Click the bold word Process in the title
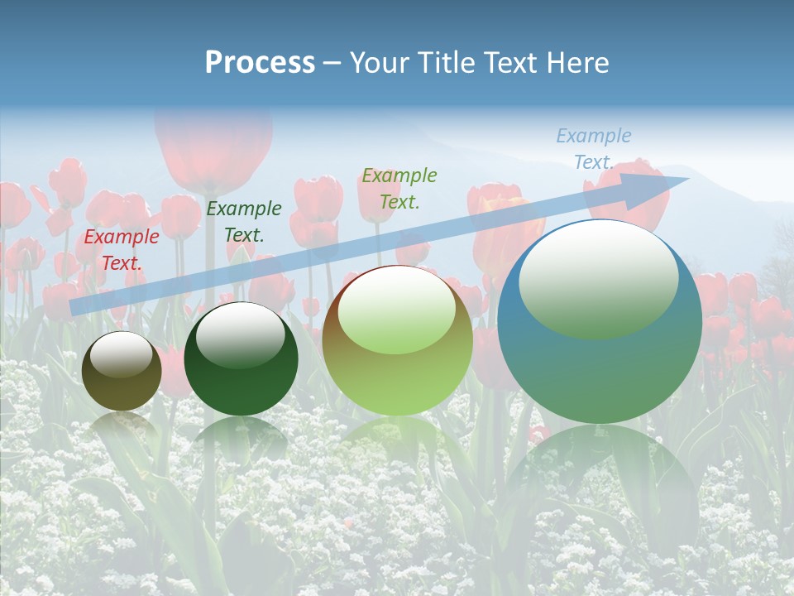(260, 62)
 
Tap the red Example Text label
(122, 250)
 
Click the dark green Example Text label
(244, 222)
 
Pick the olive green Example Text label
(399, 188)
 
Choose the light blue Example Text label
(593, 149)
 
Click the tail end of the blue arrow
(74, 307)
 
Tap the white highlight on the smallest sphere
(122, 354)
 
